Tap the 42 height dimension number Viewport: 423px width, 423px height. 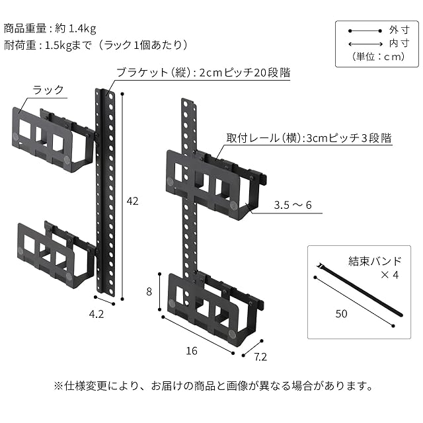coord(132,201)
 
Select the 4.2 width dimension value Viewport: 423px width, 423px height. coord(96,315)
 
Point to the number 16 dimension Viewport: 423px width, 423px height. coord(192,351)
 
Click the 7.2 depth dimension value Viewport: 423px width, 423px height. coord(260,358)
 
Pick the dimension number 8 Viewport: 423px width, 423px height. coord(150,291)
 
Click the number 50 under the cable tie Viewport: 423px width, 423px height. coord(341,314)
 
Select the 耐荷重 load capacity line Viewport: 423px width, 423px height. coord(96,45)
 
